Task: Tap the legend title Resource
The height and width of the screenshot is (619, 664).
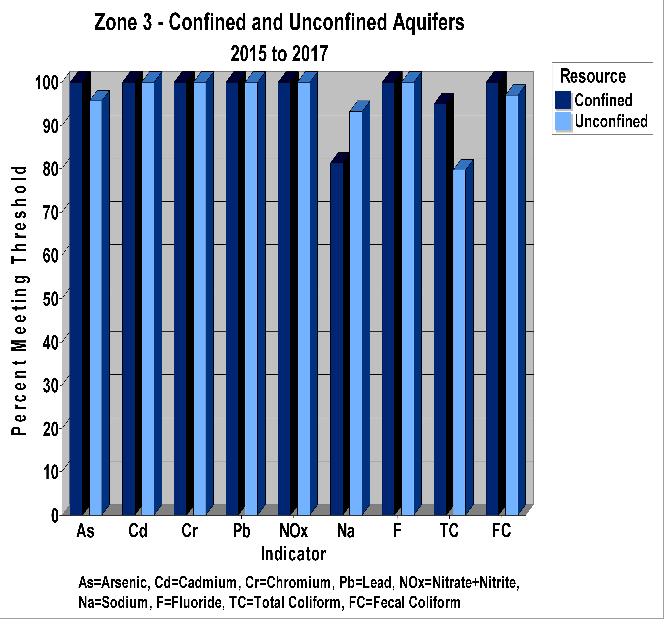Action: coord(593,76)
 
